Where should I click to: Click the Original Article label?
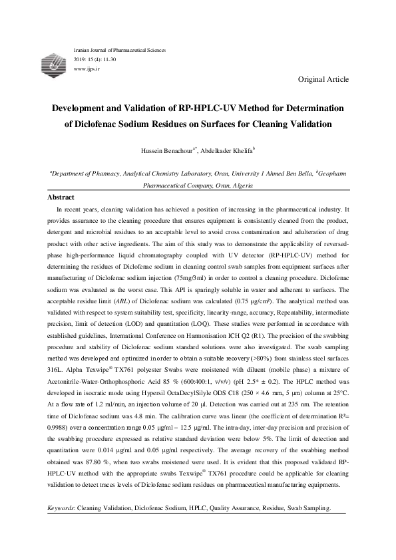(x=323, y=79)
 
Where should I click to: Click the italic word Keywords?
(x=62, y=508)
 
